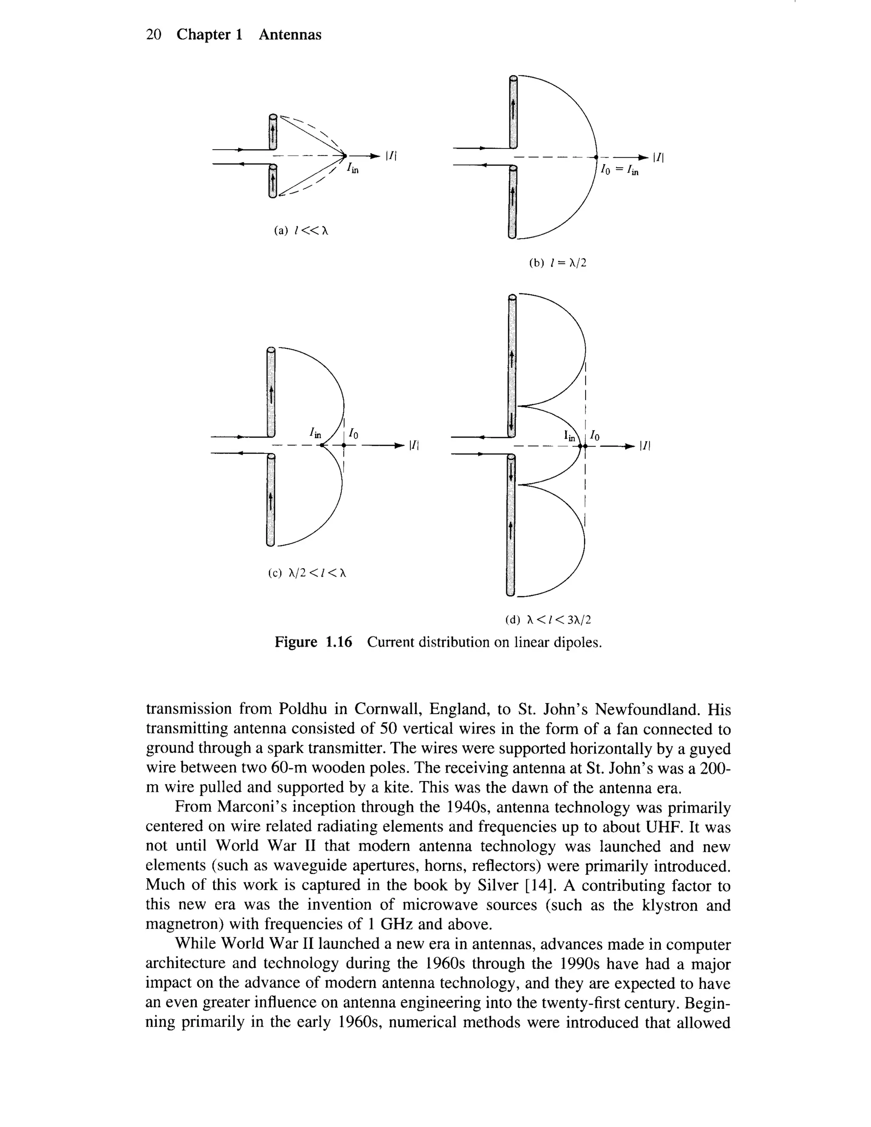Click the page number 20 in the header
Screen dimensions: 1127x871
pos(154,34)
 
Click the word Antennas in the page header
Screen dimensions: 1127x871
pos(290,34)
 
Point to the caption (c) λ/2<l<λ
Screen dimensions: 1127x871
pos(307,573)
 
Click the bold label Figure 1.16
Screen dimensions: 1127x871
pos(313,643)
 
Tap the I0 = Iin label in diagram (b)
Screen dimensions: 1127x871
pos(619,170)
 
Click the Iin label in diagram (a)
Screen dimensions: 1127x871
pos(353,168)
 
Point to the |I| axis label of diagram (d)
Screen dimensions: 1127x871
pos(644,446)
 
